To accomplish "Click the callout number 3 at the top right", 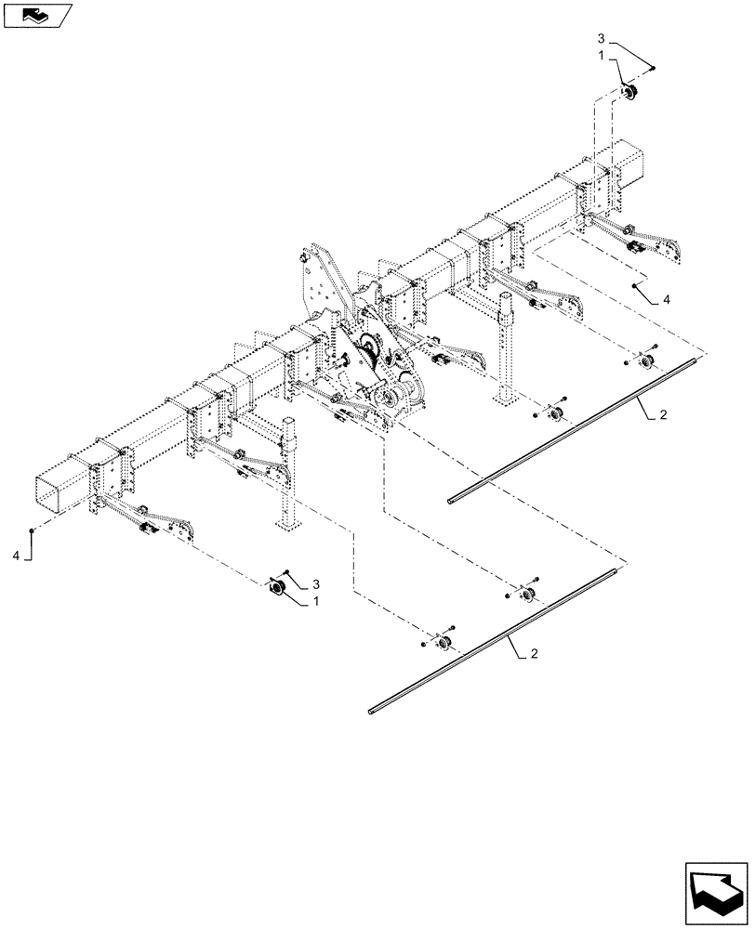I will click(x=601, y=39).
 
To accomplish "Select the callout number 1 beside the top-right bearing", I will click(x=602, y=57).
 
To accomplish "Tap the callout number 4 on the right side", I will click(x=666, y=299).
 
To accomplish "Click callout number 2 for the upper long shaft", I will click(x=661, y=417).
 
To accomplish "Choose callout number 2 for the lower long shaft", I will click(x=534, y=655).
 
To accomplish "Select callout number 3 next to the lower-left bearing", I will click(x=315, y=583).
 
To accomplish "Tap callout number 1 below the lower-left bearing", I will click(x=315, y=601).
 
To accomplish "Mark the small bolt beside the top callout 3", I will click(x=653, y=68).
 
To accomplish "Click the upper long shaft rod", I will click(x=576, y=428).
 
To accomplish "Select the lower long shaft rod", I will click(x=493, y=641).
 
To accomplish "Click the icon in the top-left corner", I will click(x=37, y=14).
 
